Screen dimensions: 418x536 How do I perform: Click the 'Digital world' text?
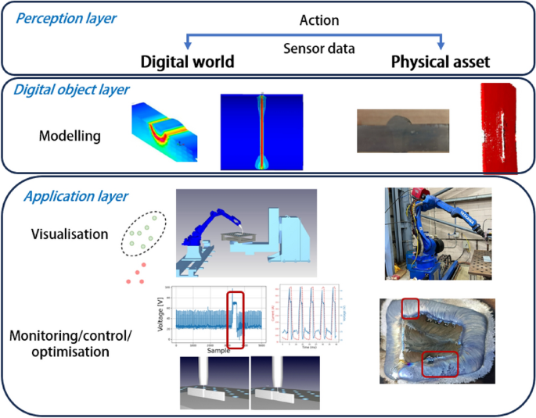click(187, 61)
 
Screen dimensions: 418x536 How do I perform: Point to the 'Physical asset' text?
click(441, 61)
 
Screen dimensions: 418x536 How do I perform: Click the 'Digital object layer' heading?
click(71, 89)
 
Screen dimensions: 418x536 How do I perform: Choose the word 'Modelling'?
click(70, 136)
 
